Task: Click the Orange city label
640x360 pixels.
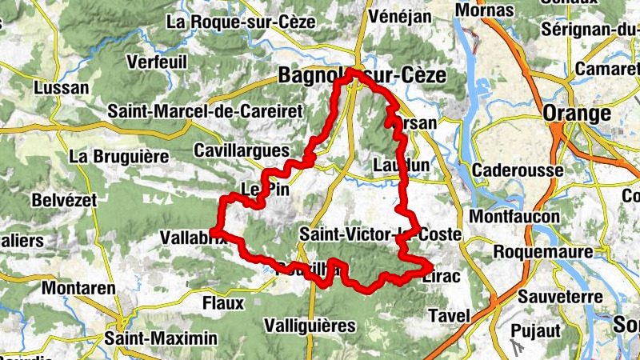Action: tap(576, 114)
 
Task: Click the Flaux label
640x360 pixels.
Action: tap(222, 303)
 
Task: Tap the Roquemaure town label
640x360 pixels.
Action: tap(543, 251)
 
